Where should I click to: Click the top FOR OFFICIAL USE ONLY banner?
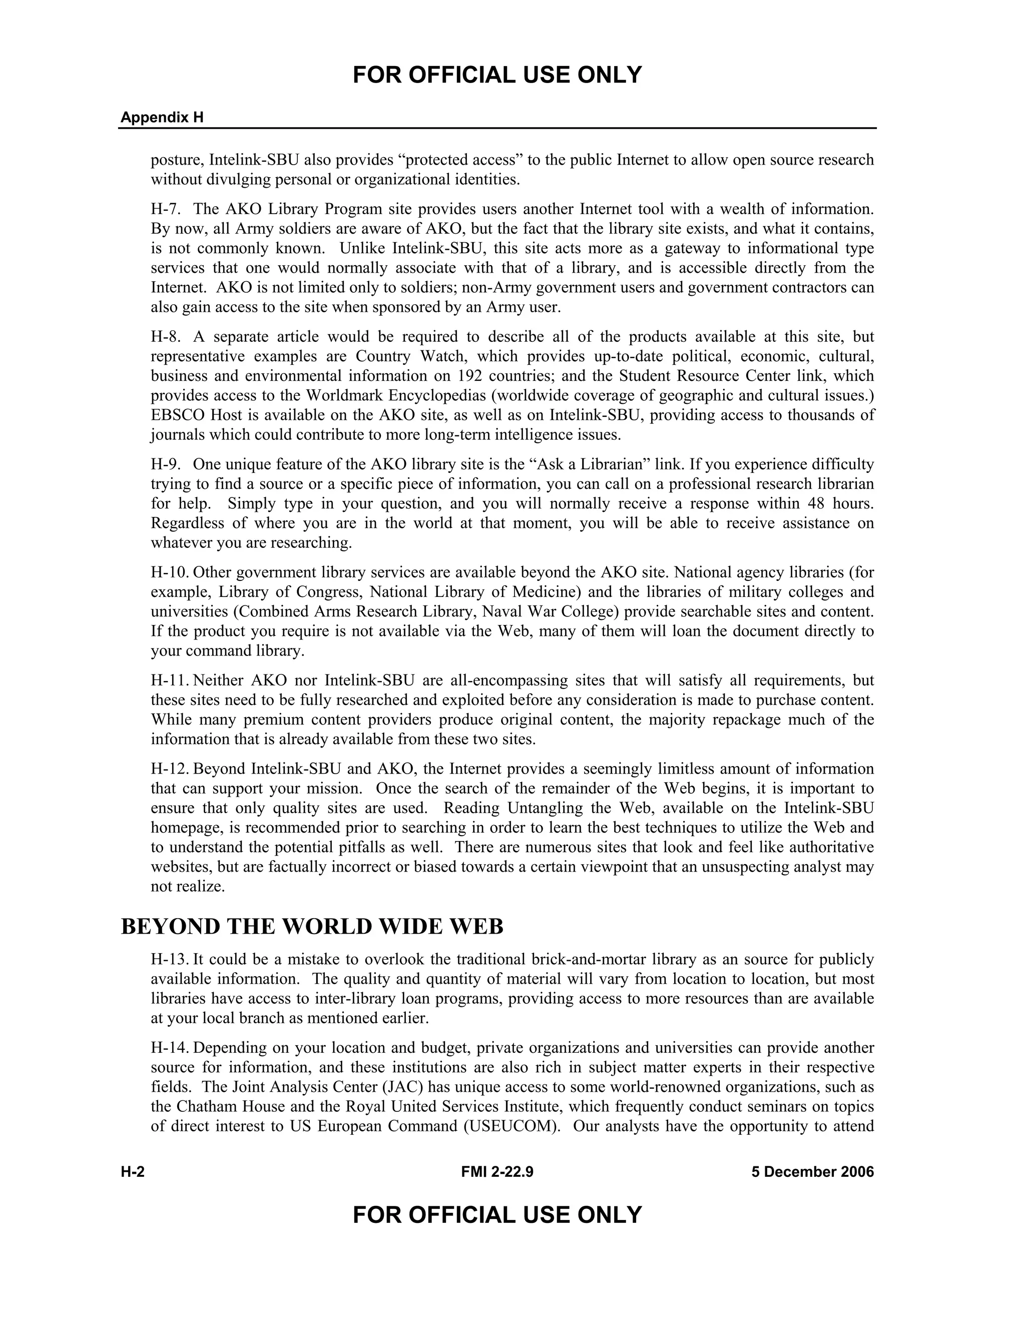click(496, 75)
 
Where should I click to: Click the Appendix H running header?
click(162, 118)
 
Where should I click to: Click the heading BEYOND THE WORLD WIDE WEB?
click(312, 927)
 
